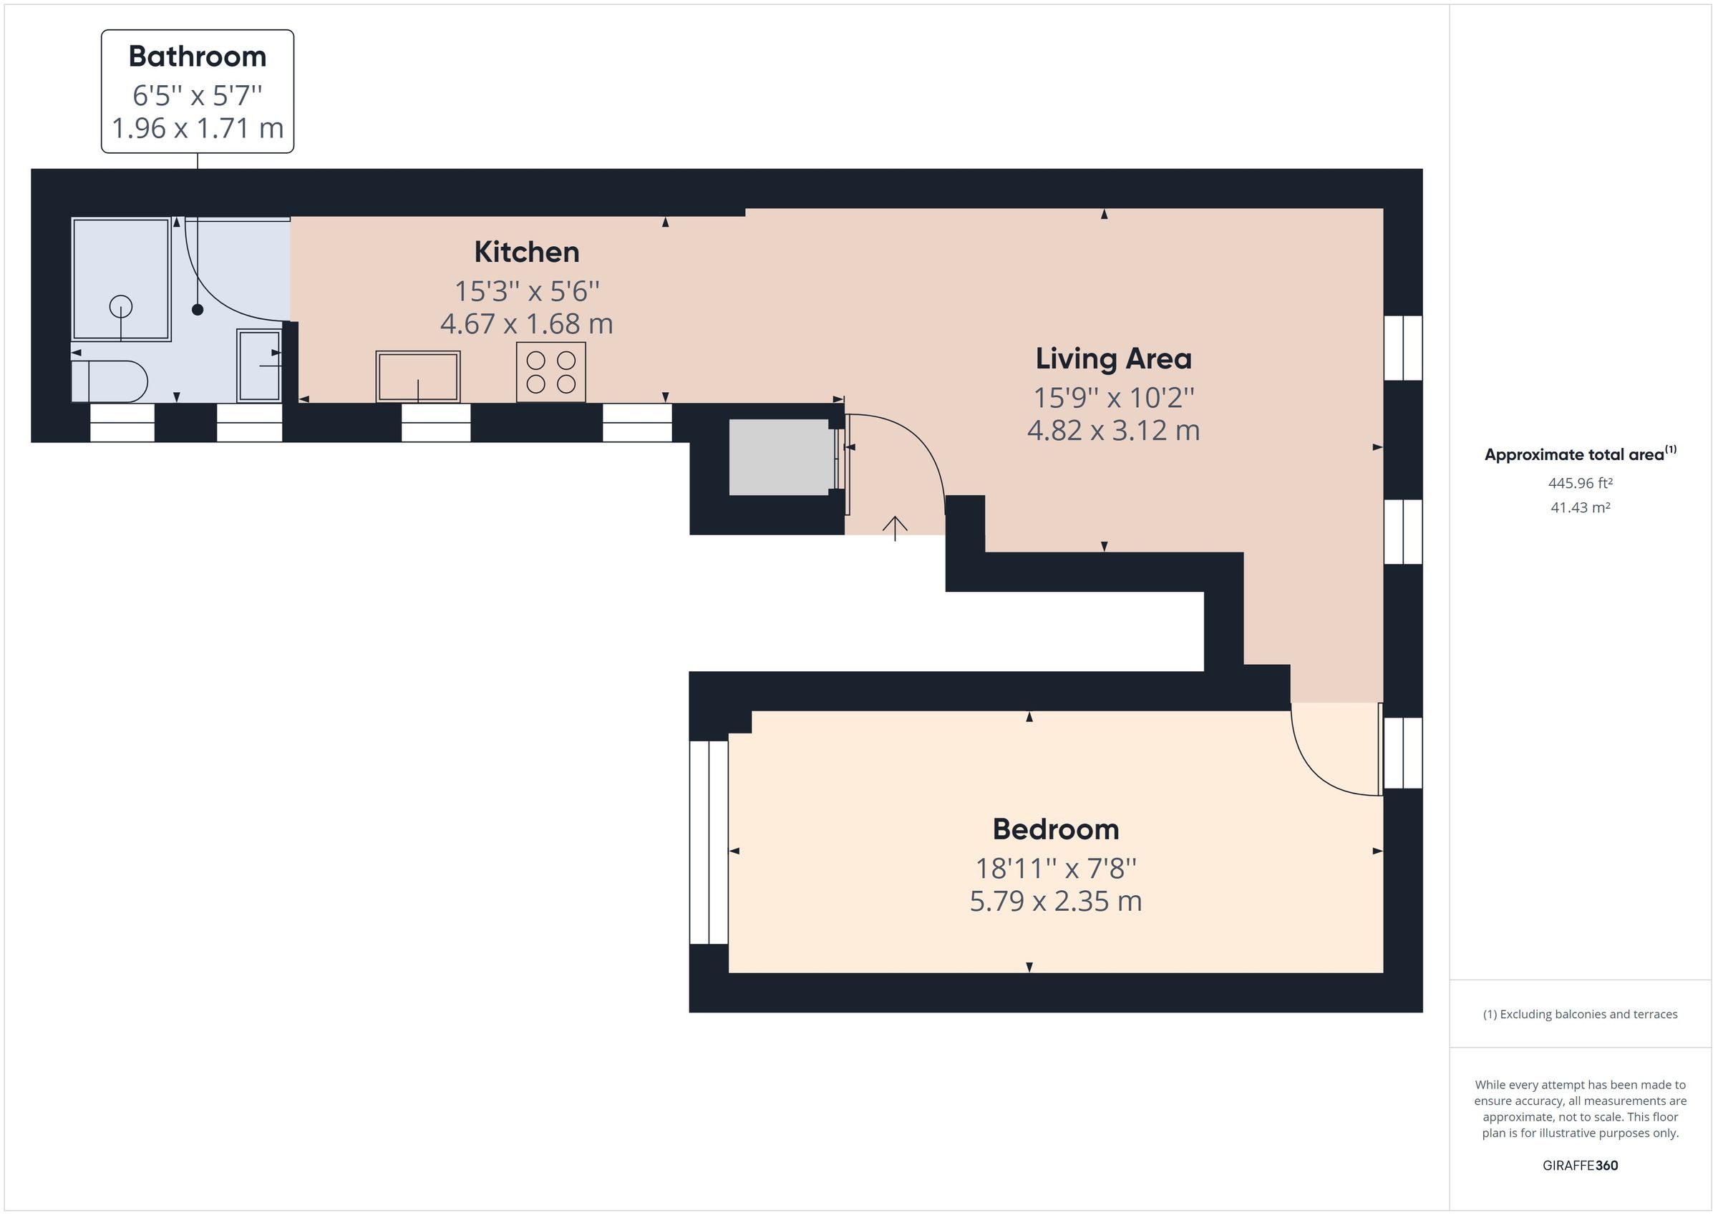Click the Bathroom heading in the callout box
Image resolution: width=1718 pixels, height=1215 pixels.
197,57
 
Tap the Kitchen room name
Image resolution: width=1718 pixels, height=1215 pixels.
526,252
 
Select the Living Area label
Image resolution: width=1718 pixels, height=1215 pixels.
1112,358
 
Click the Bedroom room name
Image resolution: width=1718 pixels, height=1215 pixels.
1055,829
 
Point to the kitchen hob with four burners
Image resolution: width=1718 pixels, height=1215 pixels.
550,372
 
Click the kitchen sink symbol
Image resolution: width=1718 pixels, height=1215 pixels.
417,376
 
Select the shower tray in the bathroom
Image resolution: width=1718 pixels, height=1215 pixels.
121,279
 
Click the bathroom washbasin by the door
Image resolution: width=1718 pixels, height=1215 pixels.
259,365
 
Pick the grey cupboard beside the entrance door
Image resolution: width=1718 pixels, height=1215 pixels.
780,457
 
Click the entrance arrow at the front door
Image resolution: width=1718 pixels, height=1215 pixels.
895,527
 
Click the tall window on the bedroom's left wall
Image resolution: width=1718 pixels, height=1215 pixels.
708,842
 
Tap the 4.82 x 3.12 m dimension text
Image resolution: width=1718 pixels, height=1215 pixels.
1112,431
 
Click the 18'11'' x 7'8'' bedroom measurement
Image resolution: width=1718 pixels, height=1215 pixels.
1055,869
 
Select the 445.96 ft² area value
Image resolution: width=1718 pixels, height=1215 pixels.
1580,483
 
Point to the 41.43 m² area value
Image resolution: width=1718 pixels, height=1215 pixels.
1580,507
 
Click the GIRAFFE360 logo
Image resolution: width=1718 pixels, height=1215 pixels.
1580,1165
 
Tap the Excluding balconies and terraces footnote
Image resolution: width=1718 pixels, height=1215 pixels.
1580,1014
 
